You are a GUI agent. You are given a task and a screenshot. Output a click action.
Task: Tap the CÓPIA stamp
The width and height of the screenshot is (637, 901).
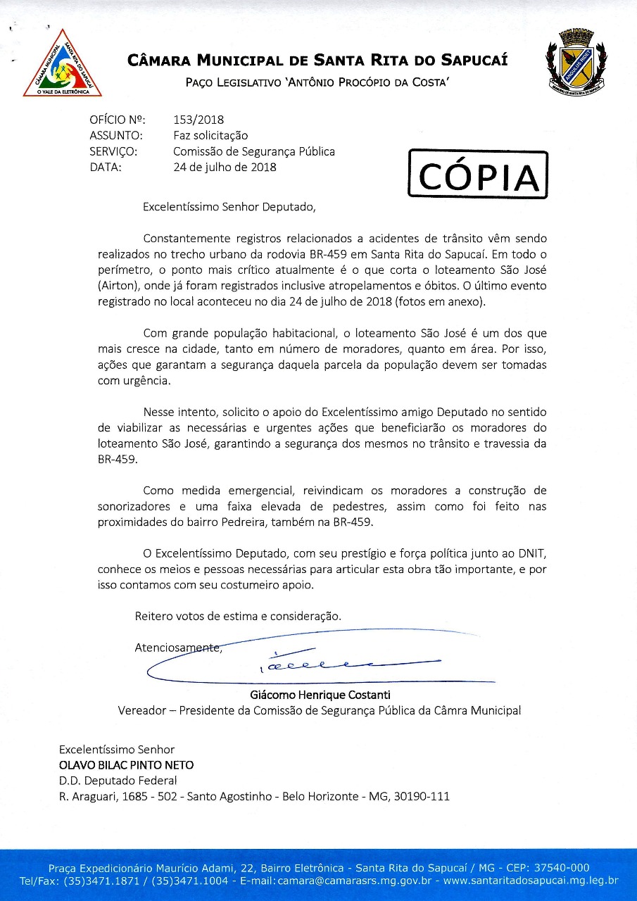click(478, 175)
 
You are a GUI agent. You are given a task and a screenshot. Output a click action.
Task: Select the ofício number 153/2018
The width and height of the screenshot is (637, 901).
click(198, 120)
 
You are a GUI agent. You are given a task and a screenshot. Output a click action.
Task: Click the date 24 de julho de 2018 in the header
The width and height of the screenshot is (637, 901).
click(225, 168)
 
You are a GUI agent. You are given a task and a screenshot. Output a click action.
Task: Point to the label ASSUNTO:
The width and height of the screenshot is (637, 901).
click(116, 136)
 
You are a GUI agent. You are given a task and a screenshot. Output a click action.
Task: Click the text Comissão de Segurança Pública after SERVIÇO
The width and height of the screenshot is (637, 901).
click(253, 151)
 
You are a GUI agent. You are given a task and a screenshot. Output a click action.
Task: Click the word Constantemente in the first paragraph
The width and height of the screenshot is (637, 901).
click(188, 239)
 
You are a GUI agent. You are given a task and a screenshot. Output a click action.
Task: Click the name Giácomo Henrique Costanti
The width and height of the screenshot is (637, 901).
click(316, 695)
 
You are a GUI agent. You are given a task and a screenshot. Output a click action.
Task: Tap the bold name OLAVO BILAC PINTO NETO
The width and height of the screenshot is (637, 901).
click(126, 765)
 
